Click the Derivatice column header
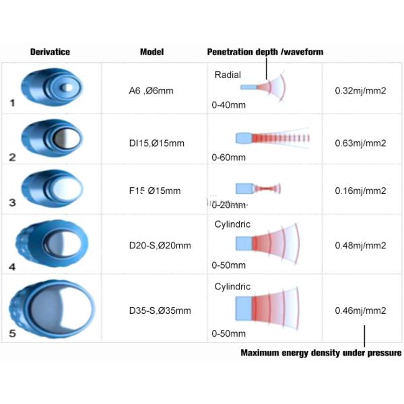[x=50, y=52]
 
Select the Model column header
[x=151, y=52]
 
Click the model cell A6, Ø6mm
[x=151, y=90]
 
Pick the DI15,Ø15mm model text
[x=156, y=143]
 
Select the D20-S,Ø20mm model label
[x=160, y=245]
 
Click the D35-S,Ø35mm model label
[x=160, y=310]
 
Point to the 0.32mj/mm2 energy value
[x=360, y=90]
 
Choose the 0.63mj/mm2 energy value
[x=360, y=143]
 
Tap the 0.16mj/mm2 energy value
[x=360, y=191]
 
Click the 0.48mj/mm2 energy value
[x=360, y=245]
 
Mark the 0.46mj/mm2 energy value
[x=360, y=310]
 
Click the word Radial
[x=228, y=75]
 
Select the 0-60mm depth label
[x=228, y=158]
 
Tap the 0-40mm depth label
[x=228, y=104]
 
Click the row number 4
[x=12, y=266]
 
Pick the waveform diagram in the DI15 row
[x=273, y=138]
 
